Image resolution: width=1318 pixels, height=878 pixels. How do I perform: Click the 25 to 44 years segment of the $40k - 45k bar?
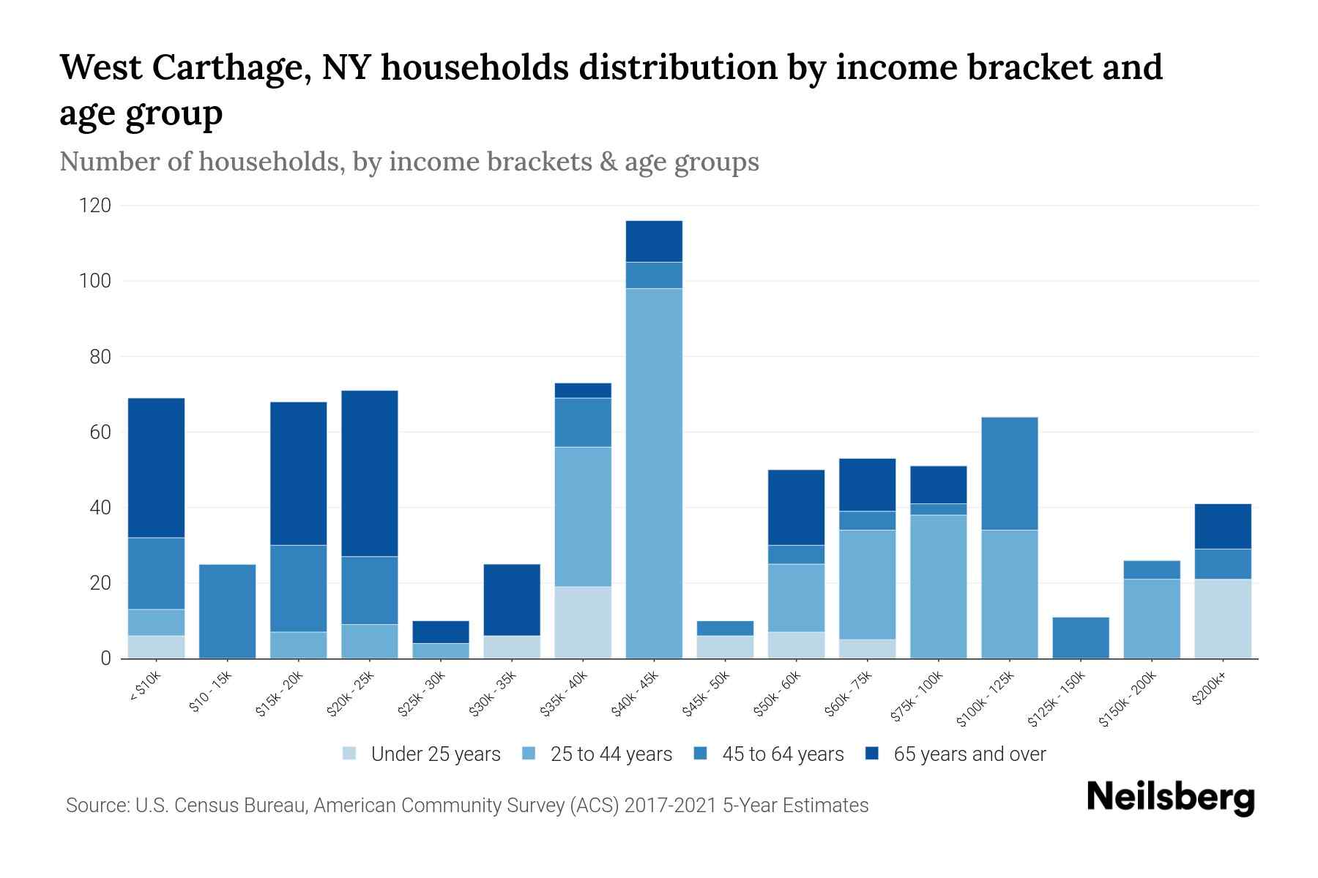coord(654,473)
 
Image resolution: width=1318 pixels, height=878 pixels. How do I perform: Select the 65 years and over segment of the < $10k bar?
coord(156,468)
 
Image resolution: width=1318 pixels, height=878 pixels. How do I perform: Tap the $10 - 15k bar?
coord(227,611)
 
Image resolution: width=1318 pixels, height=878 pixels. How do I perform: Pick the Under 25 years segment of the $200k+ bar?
coord(1222,619)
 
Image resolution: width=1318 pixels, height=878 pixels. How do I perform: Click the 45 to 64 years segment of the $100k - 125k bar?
coord(1009,473)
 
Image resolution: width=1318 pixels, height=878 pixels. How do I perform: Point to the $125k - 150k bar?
coord(1080,638)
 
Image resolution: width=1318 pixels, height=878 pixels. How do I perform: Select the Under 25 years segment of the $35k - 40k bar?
coord(583,622)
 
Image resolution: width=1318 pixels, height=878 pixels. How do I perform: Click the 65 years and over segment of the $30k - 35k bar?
coord(512,600)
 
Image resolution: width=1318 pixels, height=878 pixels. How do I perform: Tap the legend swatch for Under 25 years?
coord(350,754)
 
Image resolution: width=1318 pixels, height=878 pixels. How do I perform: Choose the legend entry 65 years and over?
coord(969,754)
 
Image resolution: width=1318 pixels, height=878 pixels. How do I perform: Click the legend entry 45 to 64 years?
coord(783,754)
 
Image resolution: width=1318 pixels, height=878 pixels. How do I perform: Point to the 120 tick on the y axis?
coord(95,206)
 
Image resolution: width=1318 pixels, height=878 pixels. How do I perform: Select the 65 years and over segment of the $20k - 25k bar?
coord(370,473)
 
